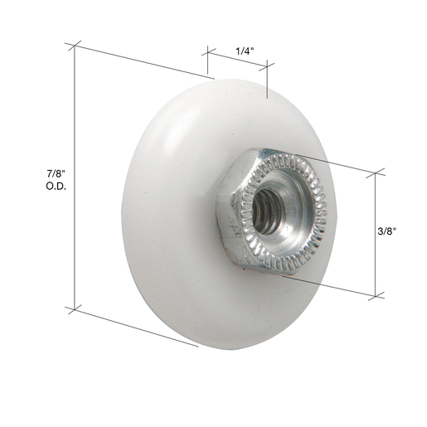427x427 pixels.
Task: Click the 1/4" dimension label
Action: click(245, 51)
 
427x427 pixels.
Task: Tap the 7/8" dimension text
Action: click(56, 174)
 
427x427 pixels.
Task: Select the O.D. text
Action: click(56, 187)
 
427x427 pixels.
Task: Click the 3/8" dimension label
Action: click(387, 231)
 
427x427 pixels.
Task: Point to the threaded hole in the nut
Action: click(267, 211)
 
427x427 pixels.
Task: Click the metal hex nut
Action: click(272, 211)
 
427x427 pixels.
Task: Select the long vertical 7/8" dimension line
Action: click(75, 177)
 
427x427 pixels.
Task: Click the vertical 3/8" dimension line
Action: click(375, 235)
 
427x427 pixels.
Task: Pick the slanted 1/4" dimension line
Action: click(237, 60)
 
